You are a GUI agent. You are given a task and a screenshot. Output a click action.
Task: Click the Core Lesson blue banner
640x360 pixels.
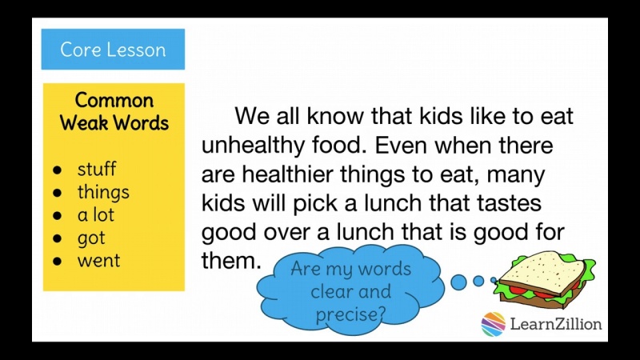[113, 50]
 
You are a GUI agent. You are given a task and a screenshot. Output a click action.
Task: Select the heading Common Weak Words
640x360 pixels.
[114, 111]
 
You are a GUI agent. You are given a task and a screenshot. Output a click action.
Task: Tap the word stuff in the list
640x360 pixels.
[96, 169]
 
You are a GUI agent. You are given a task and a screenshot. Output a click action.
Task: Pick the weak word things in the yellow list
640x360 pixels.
[103, 192]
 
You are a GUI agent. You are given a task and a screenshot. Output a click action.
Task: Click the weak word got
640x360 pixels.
[91, 238]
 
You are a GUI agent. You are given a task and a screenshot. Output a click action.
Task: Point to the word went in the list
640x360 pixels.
[98, 261]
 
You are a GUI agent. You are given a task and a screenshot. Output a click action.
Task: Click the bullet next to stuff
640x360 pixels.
[57, 170]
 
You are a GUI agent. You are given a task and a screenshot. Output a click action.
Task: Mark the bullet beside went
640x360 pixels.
[57, 262]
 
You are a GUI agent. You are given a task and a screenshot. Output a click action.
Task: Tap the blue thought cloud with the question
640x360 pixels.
[351, 290]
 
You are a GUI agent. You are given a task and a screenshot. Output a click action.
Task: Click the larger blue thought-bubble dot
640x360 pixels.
[459, 282]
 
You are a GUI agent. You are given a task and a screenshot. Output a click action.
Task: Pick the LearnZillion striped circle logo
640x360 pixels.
[494, 324]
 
